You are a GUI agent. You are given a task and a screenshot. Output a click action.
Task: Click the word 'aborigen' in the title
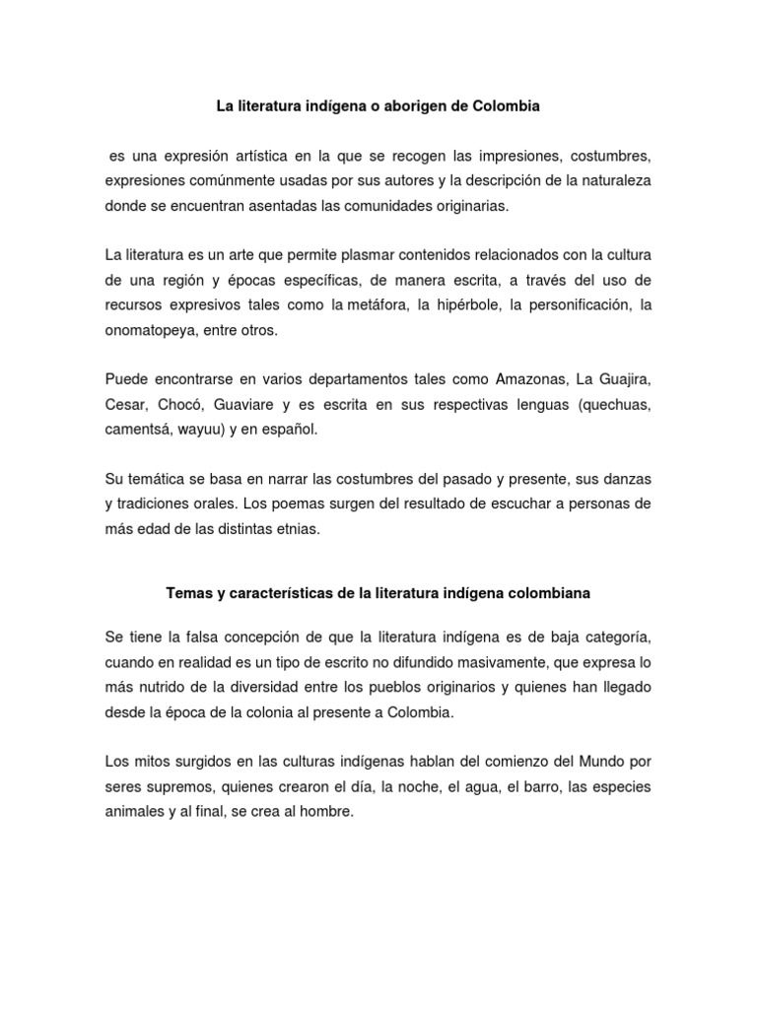(425, 107)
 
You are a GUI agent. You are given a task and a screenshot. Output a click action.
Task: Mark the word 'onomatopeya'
(146, 331)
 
